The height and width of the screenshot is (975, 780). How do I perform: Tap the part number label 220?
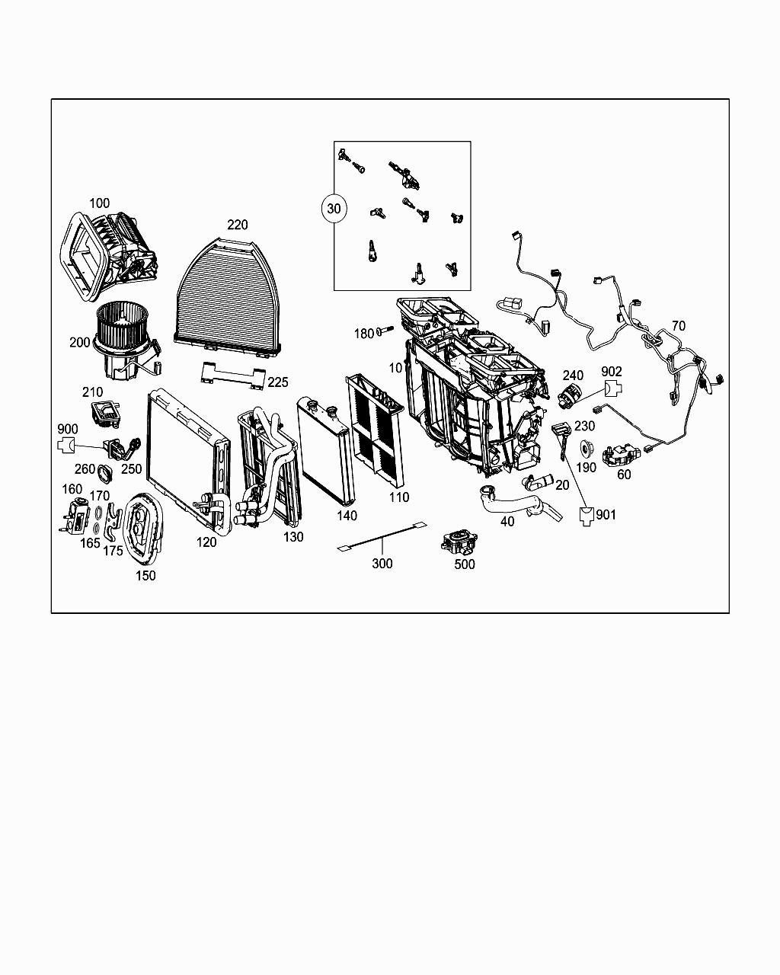point(237,225)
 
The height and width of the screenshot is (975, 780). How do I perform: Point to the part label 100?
point(100,203)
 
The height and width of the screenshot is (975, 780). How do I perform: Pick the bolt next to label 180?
point(384,331)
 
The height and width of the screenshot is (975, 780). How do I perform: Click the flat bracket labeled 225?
point(232,376)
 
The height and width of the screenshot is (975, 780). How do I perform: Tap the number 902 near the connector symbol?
point(612,372)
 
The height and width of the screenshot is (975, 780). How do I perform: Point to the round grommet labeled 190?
point(587,448)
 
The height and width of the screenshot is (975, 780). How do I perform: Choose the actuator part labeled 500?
point(458,542)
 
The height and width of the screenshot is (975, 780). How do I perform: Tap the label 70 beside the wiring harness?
point(678,326)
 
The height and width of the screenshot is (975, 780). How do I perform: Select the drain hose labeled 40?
point(518,503)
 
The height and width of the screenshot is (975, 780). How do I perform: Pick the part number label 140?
point(347,516)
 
